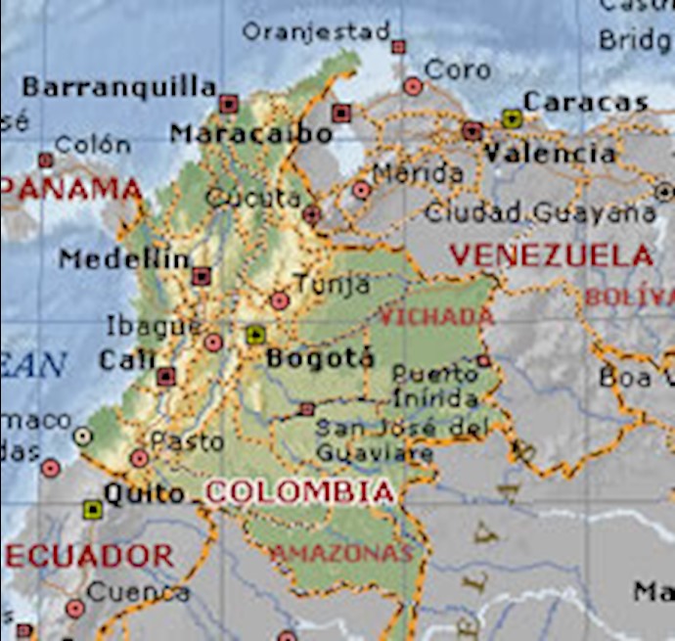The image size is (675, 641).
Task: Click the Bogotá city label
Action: [320, 358]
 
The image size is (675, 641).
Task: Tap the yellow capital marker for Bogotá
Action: [255, 336]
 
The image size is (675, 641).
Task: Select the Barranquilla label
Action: [118, 87]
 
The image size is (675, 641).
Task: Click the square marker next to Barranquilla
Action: [228, 103]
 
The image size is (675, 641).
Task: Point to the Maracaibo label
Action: [238, 133]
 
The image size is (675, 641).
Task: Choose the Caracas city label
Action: [585, 101]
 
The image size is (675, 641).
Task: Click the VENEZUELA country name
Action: [552, 256]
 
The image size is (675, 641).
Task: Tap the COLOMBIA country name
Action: [300, 492]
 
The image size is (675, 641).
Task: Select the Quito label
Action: [144, 494]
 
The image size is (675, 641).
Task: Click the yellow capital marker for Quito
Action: [93, 508]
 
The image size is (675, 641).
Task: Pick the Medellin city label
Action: [124, 259]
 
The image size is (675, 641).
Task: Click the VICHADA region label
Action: [436, 316]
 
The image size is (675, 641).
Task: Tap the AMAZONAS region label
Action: [340, 554]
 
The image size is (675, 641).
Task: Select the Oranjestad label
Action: [315, 31]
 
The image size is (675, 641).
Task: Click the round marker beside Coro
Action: [413, 86]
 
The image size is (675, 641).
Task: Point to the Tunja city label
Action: [332, 285]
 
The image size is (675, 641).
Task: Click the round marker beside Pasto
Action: [140, 458]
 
